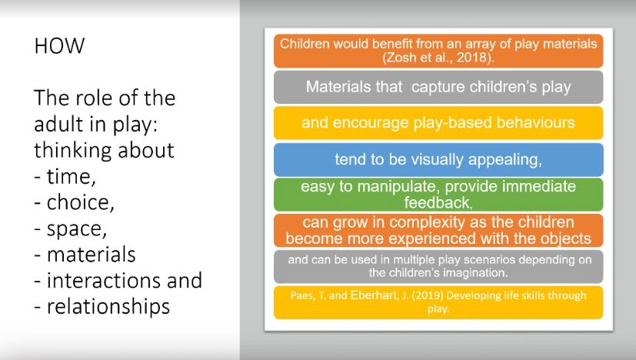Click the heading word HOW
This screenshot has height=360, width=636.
(59, 47)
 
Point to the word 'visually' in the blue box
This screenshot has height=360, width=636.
(441, 159)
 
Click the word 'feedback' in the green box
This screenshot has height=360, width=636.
(436, 202)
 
